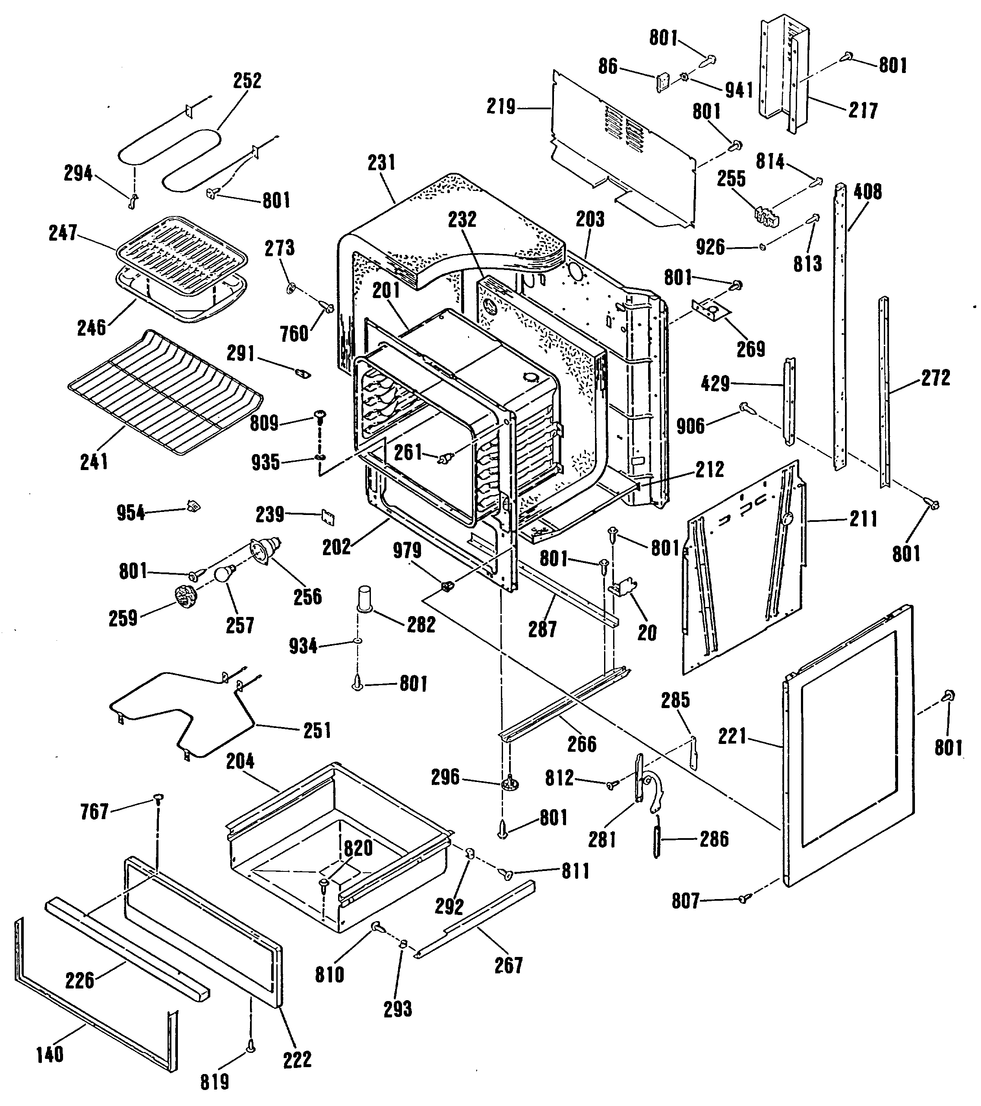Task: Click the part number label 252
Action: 247,81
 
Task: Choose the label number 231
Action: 381,162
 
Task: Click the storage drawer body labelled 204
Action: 338,844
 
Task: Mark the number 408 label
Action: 867,191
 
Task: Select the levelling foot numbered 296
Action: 510,782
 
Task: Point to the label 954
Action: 131,512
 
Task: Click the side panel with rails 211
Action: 744,568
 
